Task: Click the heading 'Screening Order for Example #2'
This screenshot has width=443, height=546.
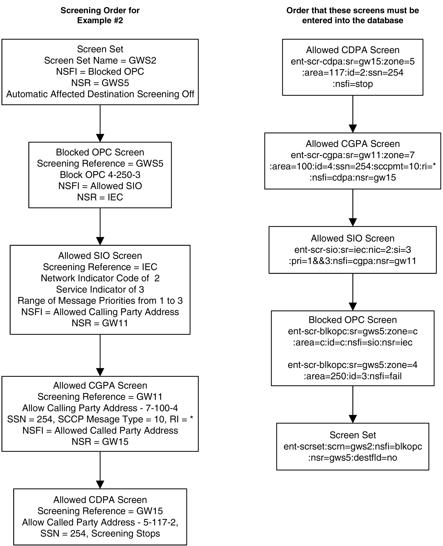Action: click(100, 15)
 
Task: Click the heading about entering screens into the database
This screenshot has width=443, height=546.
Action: click(352, 15)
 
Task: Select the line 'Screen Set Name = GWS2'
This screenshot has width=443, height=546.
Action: click(100, 61)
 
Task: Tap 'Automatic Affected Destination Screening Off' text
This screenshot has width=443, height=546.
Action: click(100, 94)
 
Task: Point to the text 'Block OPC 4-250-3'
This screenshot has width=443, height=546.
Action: click(100, 175)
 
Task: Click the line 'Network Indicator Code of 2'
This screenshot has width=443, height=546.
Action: click(100, 278)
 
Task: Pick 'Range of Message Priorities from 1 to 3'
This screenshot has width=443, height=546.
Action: click(100, 301)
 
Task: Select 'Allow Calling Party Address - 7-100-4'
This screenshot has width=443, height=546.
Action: click(100, 408)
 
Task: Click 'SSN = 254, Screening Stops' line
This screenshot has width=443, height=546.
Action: click(100, 533)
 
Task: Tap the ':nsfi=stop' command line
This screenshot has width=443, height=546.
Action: click(352, 84)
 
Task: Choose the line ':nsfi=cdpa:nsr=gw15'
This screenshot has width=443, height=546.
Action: click(352, 178)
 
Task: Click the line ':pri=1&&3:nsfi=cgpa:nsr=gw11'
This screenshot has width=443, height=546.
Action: click(352, 261)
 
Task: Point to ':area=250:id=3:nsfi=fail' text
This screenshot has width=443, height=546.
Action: click(352, 376)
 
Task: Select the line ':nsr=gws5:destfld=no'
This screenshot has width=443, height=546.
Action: click(352, 458)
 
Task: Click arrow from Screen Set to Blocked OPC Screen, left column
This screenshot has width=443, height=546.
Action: click(100, 123)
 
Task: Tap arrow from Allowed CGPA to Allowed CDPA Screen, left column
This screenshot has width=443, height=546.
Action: click(100, 470)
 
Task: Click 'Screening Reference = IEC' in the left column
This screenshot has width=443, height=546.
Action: click(100, 267)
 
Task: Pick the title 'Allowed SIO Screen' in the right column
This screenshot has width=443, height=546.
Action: click(352, 238)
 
